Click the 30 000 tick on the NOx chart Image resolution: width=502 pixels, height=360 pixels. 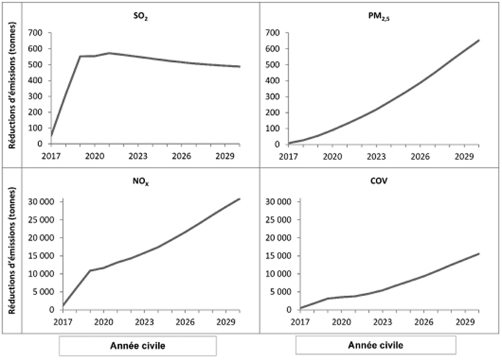pyautogui.click(x=40, y=201)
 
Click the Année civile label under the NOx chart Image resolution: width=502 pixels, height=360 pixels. pyautogui.click(x=137, y=346)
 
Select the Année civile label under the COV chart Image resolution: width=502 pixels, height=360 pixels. pyautogui.click(x=375, y=346)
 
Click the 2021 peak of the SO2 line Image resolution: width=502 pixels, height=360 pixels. pyautogui.click(x=109, y=53)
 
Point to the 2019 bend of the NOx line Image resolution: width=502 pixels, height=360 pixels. pyautogui.click(x=90, y=270)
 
